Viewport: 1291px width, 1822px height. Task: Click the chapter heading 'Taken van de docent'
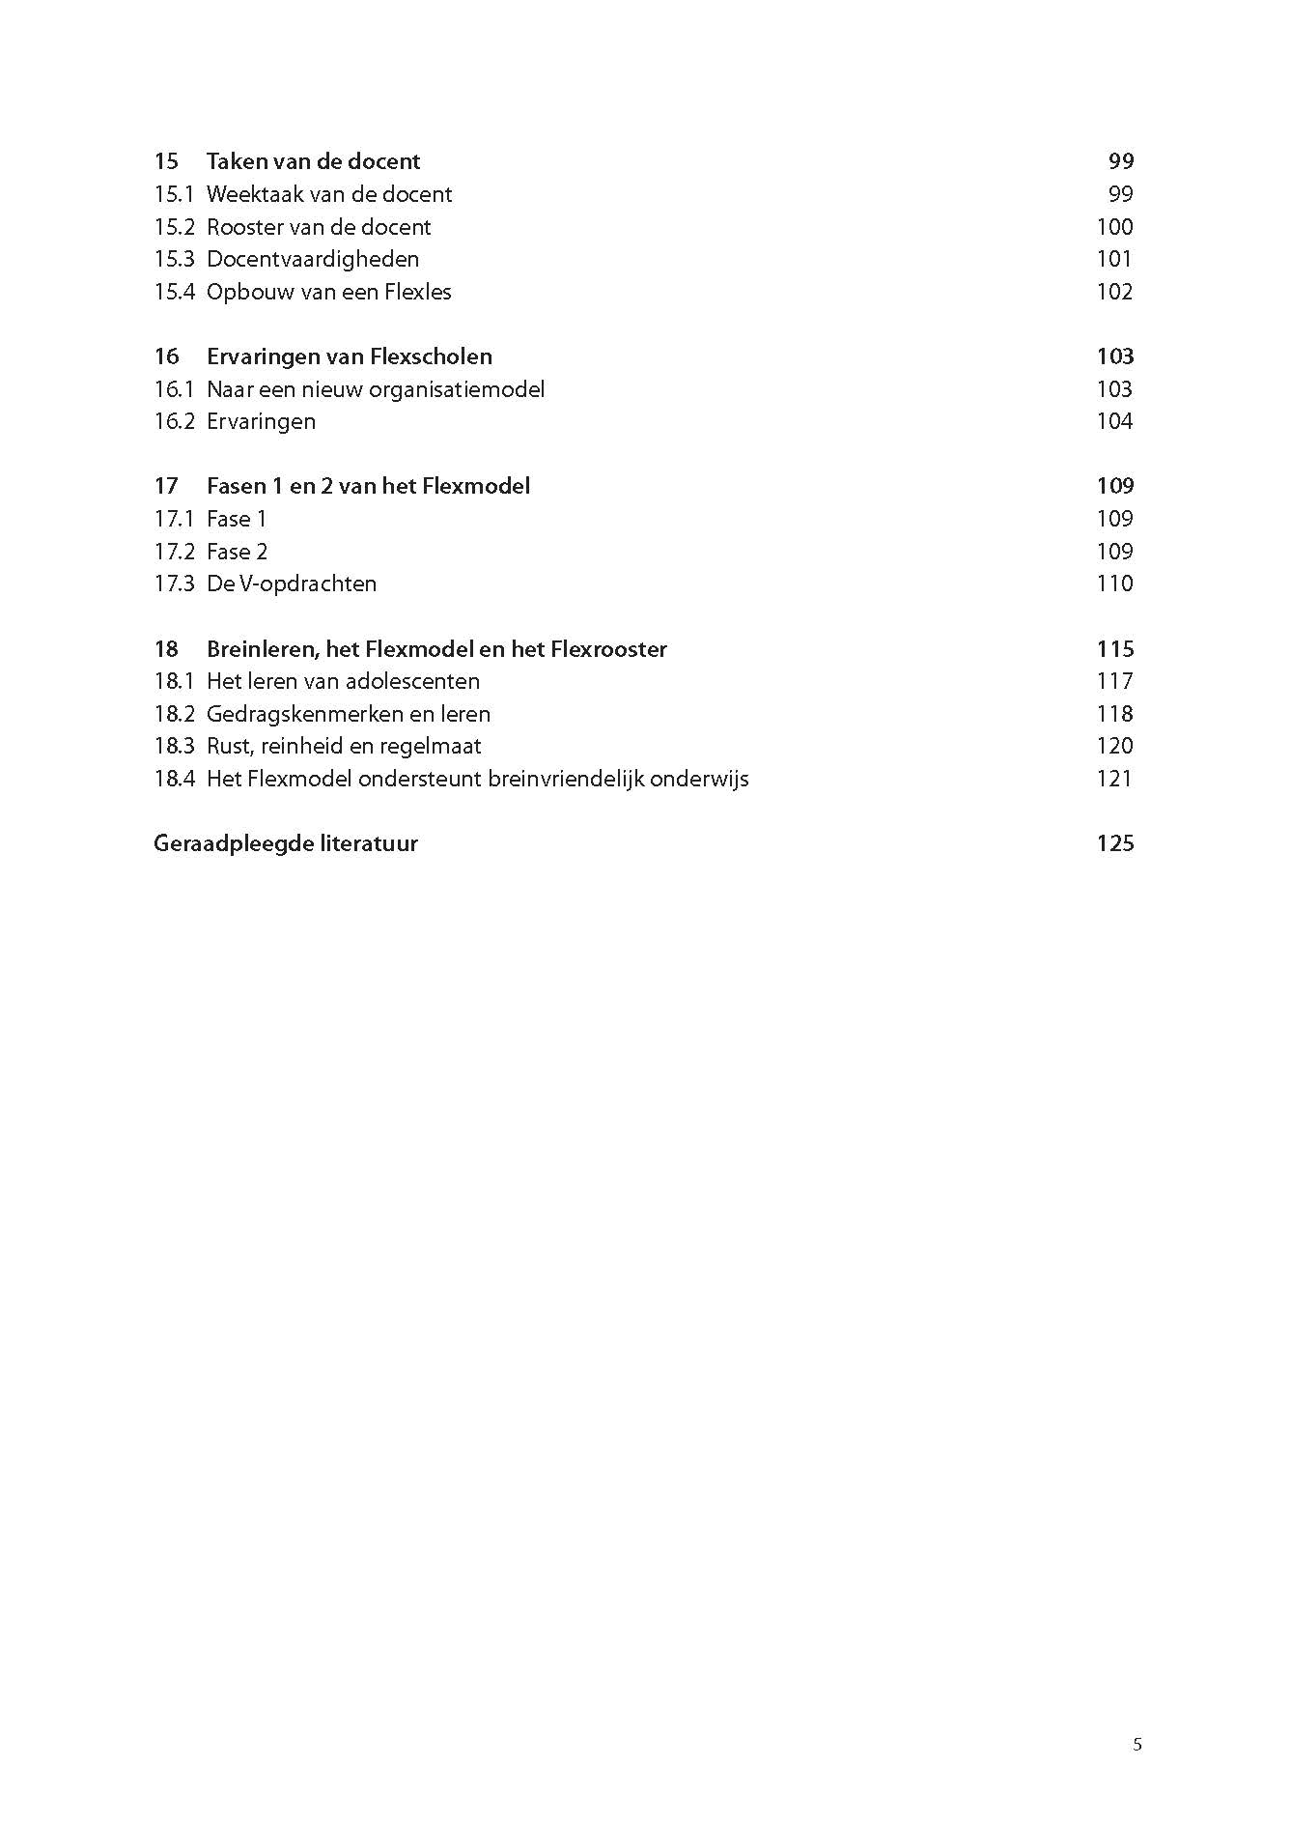(x=313, y=161)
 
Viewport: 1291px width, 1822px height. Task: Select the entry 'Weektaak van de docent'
(x=328, y=194)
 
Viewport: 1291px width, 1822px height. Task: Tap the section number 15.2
(x=174, y=227)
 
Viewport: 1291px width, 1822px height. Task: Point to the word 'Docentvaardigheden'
(x=313, y=259)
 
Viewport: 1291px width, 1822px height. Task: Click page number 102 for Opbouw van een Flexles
(x=1114, y=292)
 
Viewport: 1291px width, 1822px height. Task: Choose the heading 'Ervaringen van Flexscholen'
(x=349, y=356)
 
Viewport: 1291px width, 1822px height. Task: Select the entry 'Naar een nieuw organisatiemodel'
(x=375, y=389)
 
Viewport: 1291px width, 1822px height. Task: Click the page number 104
(x=1114, y=421)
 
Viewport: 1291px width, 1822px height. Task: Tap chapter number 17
(x=166, y=486)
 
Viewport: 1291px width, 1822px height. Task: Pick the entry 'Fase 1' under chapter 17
(x=236, y=519)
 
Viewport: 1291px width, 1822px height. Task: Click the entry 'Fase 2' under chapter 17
(x=237, y=552)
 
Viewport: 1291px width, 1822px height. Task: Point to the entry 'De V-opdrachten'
(x=291, y=584)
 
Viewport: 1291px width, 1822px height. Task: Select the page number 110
(x=1114, y=584)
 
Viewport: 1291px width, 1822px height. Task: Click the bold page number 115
(x=1114, y=649)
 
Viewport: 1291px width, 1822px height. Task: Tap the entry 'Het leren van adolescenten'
(x=343, y=681)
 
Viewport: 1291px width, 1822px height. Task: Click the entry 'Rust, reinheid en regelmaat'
(x=343, y=746)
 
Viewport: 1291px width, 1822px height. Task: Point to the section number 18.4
(x=174, y=779)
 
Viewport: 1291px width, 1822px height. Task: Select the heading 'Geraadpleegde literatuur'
(x=286, y=843)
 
